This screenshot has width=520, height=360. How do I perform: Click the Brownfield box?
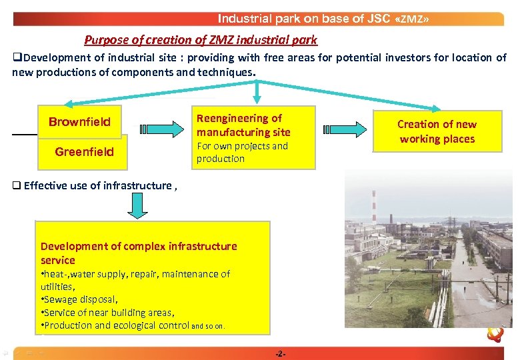(x=79, y=122)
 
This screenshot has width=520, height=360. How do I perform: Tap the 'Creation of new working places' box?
(x=437, y=131)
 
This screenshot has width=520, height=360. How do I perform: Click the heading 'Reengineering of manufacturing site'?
(x=243, y=125)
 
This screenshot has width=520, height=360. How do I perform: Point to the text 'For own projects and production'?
(x=241, y=153)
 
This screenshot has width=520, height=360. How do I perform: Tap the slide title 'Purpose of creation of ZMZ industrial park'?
(x=201, y=40)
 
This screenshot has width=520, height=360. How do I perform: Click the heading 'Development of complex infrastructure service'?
(x=138, y=253)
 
